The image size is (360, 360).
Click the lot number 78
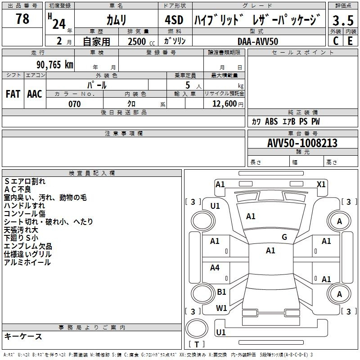coord(22,18)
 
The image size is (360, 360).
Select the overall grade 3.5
coord(343,20)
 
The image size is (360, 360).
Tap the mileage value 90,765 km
coord(55,65)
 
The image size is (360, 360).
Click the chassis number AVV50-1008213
coord(302,143)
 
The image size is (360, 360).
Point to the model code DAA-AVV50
coord(258,41)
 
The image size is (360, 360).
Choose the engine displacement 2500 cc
coord(141,41)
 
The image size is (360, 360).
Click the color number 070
coord(75,104)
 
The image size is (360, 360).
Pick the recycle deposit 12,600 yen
coord(228,104)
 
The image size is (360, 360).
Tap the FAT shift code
coord(13,94)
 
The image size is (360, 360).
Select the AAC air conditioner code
coord(35,94)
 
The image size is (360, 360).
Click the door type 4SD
coord(174,20)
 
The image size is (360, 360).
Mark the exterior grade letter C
coord(336,41)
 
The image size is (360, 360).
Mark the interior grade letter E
coord(350,41)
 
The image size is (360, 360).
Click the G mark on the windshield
coord(284,237)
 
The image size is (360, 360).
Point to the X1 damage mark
coord(321,184)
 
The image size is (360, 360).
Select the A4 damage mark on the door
coord(215,267)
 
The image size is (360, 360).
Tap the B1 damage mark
coord(221,292)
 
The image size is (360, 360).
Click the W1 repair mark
coord(221,308)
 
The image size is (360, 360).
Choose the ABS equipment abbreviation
coord(271,121)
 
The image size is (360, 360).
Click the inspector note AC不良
coord(18,189)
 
